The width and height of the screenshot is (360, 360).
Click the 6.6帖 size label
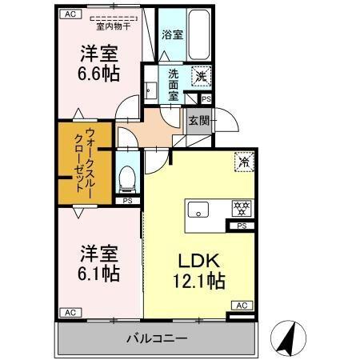[99, 74]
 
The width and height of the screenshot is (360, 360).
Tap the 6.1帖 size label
[99, 274]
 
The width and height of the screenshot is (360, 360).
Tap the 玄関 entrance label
[198, 122]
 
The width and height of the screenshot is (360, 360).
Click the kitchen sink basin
[198, 210]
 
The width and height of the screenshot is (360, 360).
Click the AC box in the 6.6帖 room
[69, 14]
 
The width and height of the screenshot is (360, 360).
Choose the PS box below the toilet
[127, 201]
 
